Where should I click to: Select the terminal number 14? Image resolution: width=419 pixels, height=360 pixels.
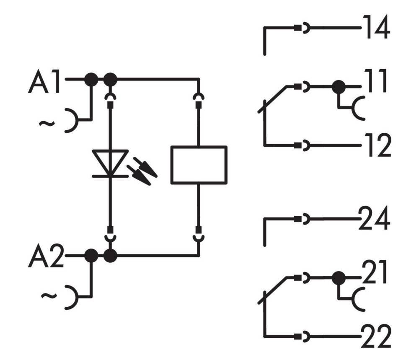pos(376,28)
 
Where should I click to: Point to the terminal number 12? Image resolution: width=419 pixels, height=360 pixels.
pos(376,145)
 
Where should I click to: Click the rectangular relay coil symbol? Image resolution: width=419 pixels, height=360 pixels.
pos(199,165)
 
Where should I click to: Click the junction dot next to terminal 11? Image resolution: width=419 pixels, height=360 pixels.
pos(338,87)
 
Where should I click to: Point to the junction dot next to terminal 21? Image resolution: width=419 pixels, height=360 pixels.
pos(338,277)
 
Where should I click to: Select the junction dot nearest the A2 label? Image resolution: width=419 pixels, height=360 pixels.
pos(91,255)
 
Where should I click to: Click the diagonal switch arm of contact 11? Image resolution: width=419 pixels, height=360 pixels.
pos(273,99)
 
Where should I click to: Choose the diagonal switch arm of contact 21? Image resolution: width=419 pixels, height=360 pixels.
pos(273,290)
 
